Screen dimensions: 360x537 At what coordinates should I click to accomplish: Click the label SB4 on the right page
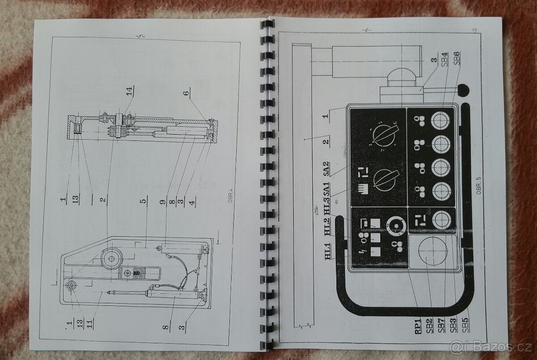(x=444, y=60)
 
